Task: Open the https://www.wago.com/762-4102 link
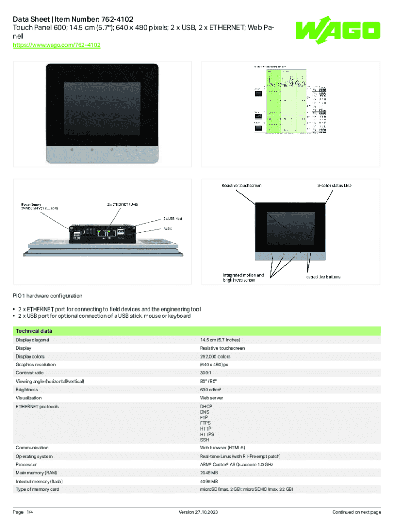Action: [56, 45]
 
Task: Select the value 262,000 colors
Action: [215, 356]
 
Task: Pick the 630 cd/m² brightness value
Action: [210, 390]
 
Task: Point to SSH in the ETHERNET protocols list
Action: [204, 440]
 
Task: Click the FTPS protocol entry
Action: [206, 423]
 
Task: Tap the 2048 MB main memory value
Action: [209, 473]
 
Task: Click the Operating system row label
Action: [34, 456]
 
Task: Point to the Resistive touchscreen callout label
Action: [242, 185]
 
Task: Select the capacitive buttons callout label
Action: [323, 277]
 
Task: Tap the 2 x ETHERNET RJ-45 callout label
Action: [122, 204]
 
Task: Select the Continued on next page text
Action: [356, 512]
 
